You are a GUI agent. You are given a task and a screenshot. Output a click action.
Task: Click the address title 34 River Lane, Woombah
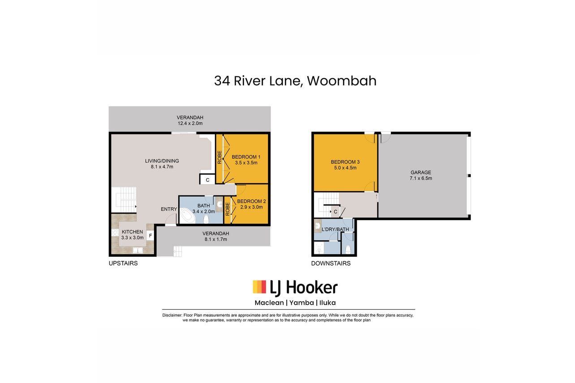[295, 81]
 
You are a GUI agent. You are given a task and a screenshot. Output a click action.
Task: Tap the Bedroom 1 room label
[246, 160]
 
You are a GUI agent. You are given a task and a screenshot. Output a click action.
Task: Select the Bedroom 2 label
[251, 204]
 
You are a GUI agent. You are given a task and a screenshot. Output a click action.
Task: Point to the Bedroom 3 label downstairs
[345, 165]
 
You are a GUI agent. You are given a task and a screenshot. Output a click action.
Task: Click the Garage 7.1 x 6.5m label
[421, 175]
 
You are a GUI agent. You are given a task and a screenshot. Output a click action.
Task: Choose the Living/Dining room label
[162, 164]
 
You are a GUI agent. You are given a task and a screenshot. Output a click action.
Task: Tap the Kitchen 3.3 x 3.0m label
[132, 235]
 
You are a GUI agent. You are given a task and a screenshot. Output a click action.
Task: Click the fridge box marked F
[150, 236]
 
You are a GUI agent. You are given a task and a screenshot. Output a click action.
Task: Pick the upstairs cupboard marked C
[207, 180]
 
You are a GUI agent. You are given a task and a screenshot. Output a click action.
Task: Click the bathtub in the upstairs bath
[187, 216]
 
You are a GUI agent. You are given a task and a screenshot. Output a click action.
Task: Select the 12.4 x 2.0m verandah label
[190, 120]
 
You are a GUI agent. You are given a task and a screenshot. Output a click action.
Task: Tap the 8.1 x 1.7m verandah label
[216, 236]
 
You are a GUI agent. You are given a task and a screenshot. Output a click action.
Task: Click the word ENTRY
[169, 209]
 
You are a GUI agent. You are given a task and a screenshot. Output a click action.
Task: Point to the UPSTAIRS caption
[123, 263]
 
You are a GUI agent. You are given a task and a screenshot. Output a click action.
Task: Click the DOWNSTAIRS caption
[330, 263]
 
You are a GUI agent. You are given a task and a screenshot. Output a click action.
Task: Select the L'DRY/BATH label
[335, 230]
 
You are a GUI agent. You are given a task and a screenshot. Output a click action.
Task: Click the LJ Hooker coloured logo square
[259, 287]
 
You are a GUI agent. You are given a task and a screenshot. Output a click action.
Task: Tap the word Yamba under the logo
[302, 303]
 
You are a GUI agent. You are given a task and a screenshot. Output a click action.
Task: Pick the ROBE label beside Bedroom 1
[219, 157]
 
